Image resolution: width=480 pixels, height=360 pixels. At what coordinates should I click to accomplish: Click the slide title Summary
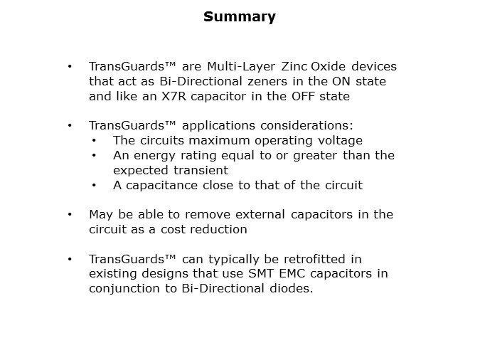click(240, 17)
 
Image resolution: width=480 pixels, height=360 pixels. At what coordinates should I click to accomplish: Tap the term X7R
click(174, 96)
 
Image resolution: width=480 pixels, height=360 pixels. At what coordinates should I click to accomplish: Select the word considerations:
click(306, 125)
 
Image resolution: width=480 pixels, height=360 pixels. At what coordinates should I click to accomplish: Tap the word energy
click(154, 156)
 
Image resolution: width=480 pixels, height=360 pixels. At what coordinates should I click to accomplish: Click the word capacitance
click(161, 186)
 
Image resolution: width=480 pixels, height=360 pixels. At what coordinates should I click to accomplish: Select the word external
click(260, 214)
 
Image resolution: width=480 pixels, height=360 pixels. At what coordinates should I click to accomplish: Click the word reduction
click(218, 229)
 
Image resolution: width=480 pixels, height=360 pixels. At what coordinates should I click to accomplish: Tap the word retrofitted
click(314, 259)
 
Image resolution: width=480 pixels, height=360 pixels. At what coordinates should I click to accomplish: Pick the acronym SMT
click(261, 273)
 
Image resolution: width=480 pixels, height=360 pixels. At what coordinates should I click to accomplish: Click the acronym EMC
click(292, 273)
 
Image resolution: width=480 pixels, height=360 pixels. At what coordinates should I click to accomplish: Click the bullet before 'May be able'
click(70, 214)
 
